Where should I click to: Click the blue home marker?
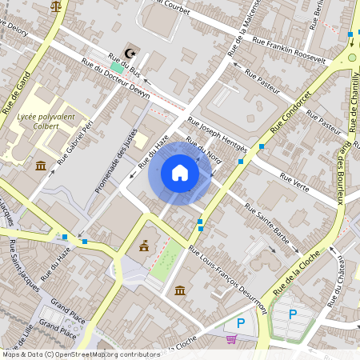point(180,173)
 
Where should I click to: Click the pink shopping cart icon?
point(231,339)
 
